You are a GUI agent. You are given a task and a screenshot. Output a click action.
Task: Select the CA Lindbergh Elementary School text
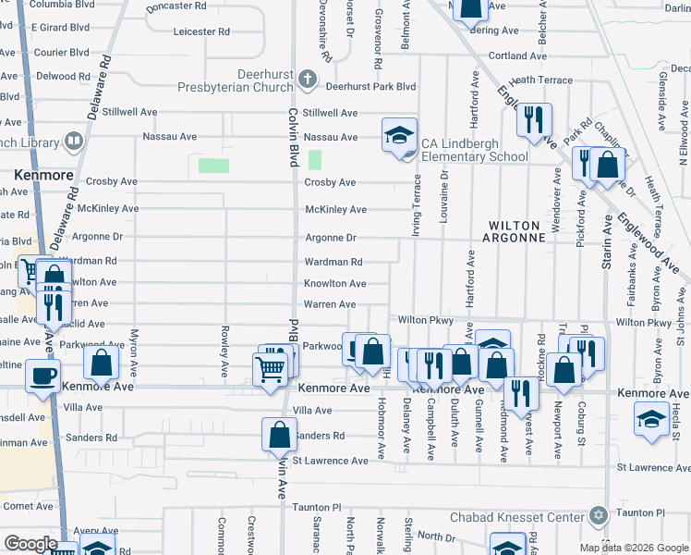coord(474,150)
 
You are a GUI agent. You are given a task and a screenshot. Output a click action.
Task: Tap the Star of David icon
coord(598,515)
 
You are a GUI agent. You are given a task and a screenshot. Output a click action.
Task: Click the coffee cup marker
coord(43,376)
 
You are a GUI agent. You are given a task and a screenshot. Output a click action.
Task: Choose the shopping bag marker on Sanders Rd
coord(279,434)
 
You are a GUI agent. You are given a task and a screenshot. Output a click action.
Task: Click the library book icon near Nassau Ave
coord(74,142)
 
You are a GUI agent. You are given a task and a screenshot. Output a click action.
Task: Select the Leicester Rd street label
coord(200,31)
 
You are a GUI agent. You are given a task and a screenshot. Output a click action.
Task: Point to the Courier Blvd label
coord(61,53)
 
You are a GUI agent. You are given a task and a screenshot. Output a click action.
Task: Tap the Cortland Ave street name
coord(518,55)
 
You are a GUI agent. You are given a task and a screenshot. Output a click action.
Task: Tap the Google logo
coord(30,544)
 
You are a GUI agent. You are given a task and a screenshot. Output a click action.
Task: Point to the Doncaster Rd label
coord(176,6)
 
